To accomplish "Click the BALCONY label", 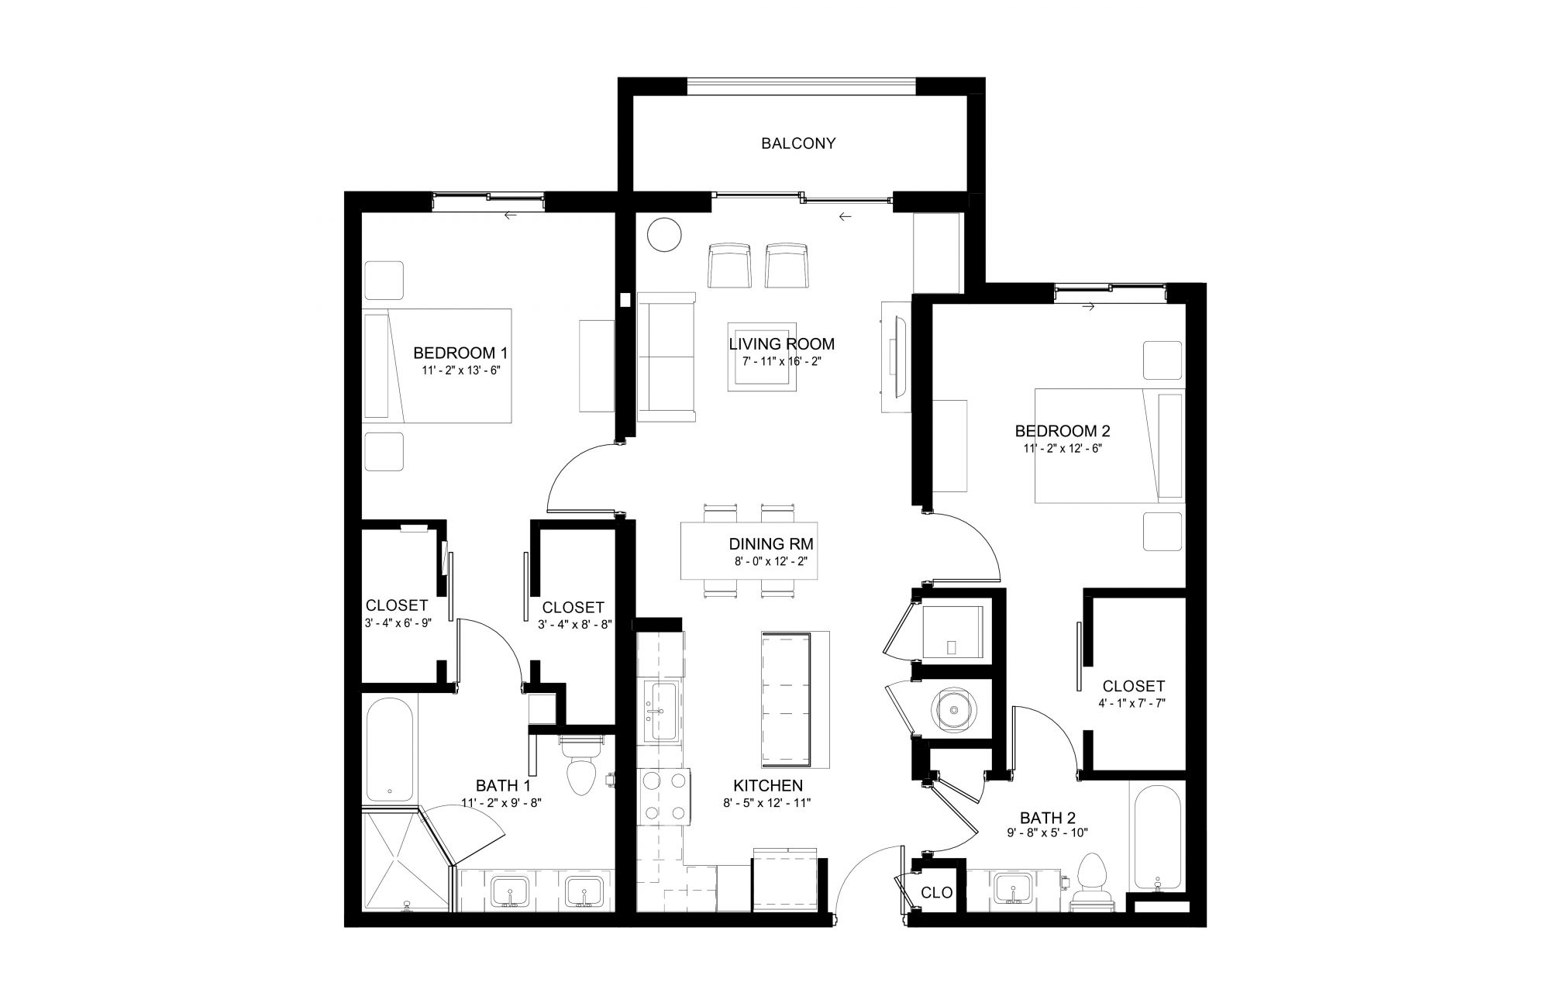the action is [798, 143].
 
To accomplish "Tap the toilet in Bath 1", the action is [580, 766].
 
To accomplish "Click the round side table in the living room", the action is [664, 235].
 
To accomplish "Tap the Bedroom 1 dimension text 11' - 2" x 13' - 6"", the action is [462, 371].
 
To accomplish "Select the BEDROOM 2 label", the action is [1068, 431].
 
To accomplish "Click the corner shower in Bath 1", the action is [405, 860].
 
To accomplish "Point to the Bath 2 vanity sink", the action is [1012, 889].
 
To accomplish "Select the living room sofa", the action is [666, 357].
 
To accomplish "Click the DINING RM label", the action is [771, 545].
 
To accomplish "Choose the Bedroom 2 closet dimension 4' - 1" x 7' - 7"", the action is [1133, 704].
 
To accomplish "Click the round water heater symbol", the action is [954, 708].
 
